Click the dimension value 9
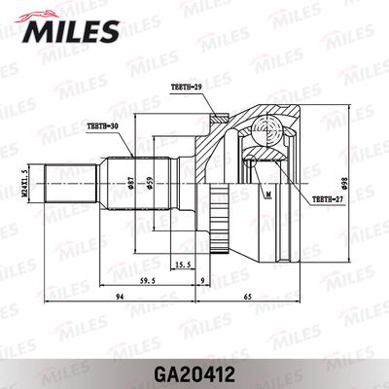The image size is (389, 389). click(x=201, y=283)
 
